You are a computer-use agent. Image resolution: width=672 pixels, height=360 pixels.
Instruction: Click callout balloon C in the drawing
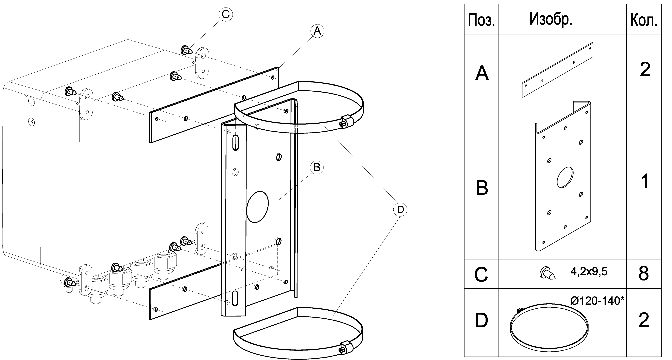[226, 14]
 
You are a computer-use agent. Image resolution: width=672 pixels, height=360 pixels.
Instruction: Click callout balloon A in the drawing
[317, 31]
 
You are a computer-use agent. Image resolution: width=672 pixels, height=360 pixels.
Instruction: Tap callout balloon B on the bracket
[317, 167]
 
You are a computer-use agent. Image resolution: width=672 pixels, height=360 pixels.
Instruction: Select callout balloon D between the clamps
[400, 209]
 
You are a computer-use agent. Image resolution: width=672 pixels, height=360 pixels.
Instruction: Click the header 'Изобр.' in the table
[551, 20]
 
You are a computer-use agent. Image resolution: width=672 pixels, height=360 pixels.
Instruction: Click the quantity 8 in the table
[644, 273]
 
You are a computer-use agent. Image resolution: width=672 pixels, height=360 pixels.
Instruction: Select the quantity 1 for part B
[645, 182]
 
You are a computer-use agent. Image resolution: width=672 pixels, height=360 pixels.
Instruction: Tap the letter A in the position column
[482, 73]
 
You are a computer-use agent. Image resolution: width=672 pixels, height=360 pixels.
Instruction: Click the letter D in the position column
[481, 320]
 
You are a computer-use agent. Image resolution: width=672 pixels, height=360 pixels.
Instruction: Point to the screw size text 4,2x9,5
[589, 272]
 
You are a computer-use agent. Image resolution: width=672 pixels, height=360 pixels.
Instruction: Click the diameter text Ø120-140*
[597, 301]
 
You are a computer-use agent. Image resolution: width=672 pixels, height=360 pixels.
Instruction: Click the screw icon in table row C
[547, 274]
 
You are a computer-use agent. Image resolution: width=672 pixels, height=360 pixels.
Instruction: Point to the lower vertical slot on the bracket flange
[235, 298]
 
